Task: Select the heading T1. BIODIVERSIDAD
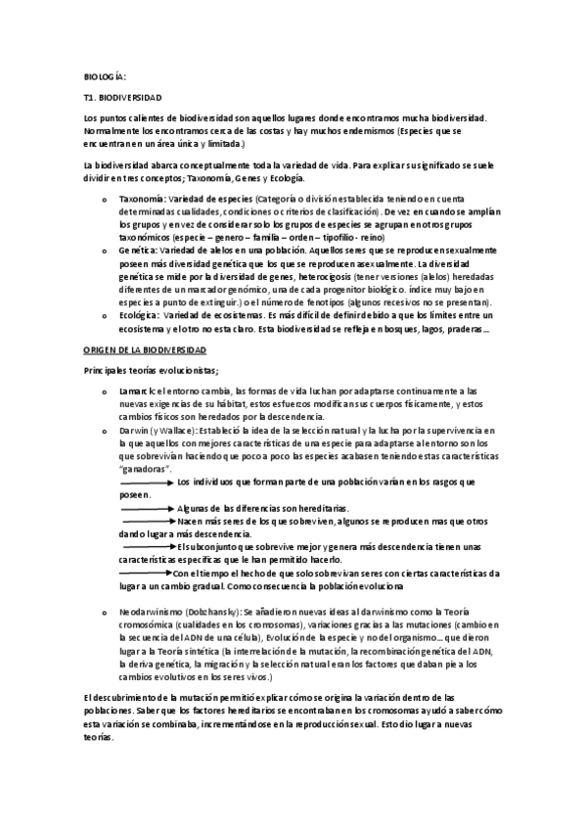tap(123, 99)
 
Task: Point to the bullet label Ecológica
tap(138, 315)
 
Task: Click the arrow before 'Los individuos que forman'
tap(146, 483)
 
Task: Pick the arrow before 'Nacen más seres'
tap(146, 522)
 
